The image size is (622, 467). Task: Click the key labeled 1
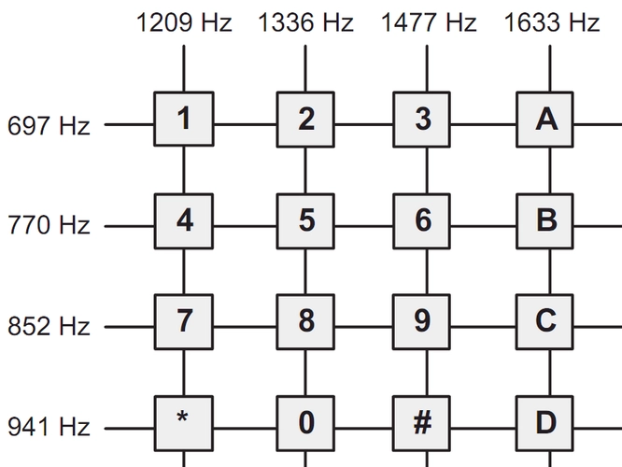click(x=184, y=120)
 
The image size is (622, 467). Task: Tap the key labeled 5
click(x=306, y=221)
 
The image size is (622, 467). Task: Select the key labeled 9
click(x=423, y=321)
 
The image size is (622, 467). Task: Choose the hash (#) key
click(x=423, y=422)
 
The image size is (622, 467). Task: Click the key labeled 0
click(x=306, y=422)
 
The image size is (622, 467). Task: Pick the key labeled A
click(x=546, y=120)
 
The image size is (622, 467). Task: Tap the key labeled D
click(x=546, y=422)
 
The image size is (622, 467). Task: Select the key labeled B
click(x=546, y=221)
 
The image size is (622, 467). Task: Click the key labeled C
click(x=546, y=321)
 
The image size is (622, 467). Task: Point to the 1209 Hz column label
click(x=184, y=22)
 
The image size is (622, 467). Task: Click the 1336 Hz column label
click(x=306, y=22)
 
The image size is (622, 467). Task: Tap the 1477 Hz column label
click(x=428, y=22)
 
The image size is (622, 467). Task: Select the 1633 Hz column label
click(x=552, y=22)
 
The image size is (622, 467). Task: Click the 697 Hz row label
click(x=49, y=125)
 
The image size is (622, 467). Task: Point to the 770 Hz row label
click(x=49, y=226)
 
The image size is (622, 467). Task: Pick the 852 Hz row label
click(x=49, y=327)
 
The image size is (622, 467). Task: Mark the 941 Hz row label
click(x=49, y=428)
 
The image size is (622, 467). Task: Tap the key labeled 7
click(x=184, y=321)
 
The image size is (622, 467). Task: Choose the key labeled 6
click(x=423, y=221)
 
